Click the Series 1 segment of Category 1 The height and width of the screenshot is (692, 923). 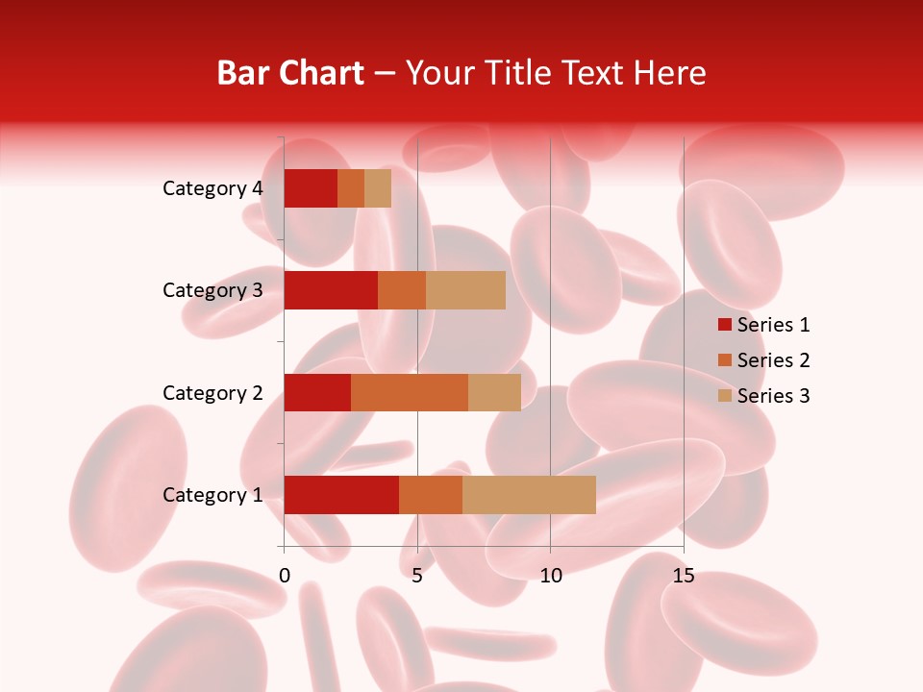tap(341, 494)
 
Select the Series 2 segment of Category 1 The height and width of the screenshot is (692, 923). tap(431, 494)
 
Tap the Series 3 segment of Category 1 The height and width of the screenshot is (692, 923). tap(529, 494)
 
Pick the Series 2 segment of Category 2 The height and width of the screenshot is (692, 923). tap(410, 392)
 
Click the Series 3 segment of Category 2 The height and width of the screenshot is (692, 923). tap(494, 392)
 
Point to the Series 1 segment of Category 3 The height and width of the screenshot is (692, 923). tap(331, 290)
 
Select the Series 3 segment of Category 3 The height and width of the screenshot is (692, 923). tap(465, 290)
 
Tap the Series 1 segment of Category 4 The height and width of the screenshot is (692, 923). tap(311, 188)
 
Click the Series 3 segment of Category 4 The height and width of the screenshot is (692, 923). tap(378, 188)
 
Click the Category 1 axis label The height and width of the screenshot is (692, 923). tap(212, 495)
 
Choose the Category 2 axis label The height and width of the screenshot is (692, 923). tap(212, 392)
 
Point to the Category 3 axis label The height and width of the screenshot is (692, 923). tap(212, 290)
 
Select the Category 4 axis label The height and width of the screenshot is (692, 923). tap(212, 188)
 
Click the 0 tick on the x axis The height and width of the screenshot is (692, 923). tap(285, 577)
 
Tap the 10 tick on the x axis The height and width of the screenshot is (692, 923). tap(550, 577)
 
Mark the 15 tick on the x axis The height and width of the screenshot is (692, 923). tap(684, 577)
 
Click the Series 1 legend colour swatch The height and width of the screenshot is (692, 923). tap(725, 325)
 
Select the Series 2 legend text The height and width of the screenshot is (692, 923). tap(773, 360)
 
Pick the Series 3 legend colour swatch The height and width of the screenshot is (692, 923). tap(725, 396)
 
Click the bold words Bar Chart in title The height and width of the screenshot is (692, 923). tap(289, 73)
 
